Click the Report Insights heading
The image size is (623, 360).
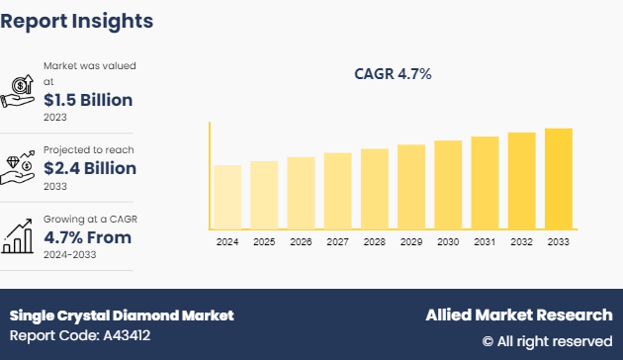pos(77,20)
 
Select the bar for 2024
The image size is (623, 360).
pos(227,197)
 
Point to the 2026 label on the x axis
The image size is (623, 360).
pos(301,241)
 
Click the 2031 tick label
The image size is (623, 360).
pos(485,241)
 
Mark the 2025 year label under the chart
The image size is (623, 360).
pos(264,241)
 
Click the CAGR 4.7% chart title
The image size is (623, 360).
pos(393,74)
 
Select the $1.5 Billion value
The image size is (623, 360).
pos(88,100)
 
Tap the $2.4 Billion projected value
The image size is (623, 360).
pos(89,168)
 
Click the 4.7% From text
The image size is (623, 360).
pos(87,237)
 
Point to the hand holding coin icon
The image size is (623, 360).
pos(20,89)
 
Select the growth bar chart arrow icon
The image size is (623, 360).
pos(20,235)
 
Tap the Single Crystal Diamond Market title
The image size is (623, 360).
pos(122,315)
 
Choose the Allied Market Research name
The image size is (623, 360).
pos(518,315)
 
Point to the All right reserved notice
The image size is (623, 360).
pos(547,341)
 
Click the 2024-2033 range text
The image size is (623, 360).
pos(70,254)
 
